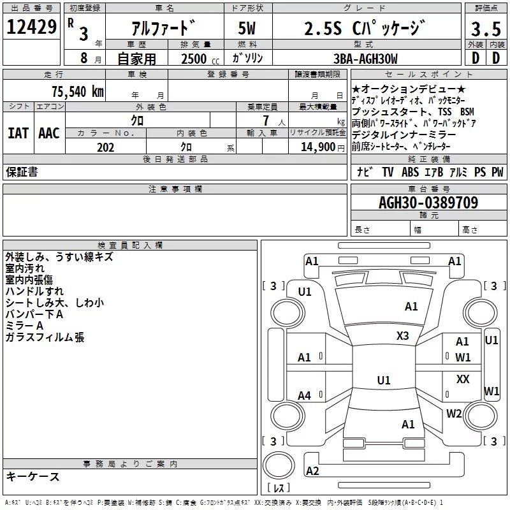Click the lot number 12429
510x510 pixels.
pyautogui.click(x=31, y=27)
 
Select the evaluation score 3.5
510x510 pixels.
pyautogui.click(x=486, y=29)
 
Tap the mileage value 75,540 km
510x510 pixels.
pyautogui.click(x=78, y=91)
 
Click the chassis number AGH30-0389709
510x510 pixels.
pyautogui.click(x=428, y=203)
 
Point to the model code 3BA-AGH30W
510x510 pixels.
pyautogui.click(x=365, y=59)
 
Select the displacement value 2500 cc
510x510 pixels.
pyautogui.click(x=200, y=59)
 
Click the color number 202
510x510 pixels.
pyautogui.click(x=105, y=147)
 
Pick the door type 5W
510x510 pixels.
pyautogui.click(x=247, y=28)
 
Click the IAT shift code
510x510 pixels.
pyautogui.click(x=18, y=133)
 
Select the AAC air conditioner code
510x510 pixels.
pyautogui.click(x=49, y=133)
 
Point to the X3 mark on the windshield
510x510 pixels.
pyautogui.click(x=402, y=336)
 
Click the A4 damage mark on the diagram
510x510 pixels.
pyautogui.click(x=305, y=396)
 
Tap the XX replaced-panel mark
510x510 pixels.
pyautogui.click(x=463, y=379)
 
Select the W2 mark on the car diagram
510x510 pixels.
pyautogui.click(x=454, y=414)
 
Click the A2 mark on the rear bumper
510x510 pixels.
pyautogui.click(x=312, y=470)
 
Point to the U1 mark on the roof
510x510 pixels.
pyautogui.click(x=384, y=380)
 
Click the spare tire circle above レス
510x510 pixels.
pyautogui.click(x=279, y=465)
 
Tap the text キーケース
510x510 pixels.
pyautogui.click(x=33, y=476)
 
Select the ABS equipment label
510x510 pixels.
pyautogui.click(x=410, y=171)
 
